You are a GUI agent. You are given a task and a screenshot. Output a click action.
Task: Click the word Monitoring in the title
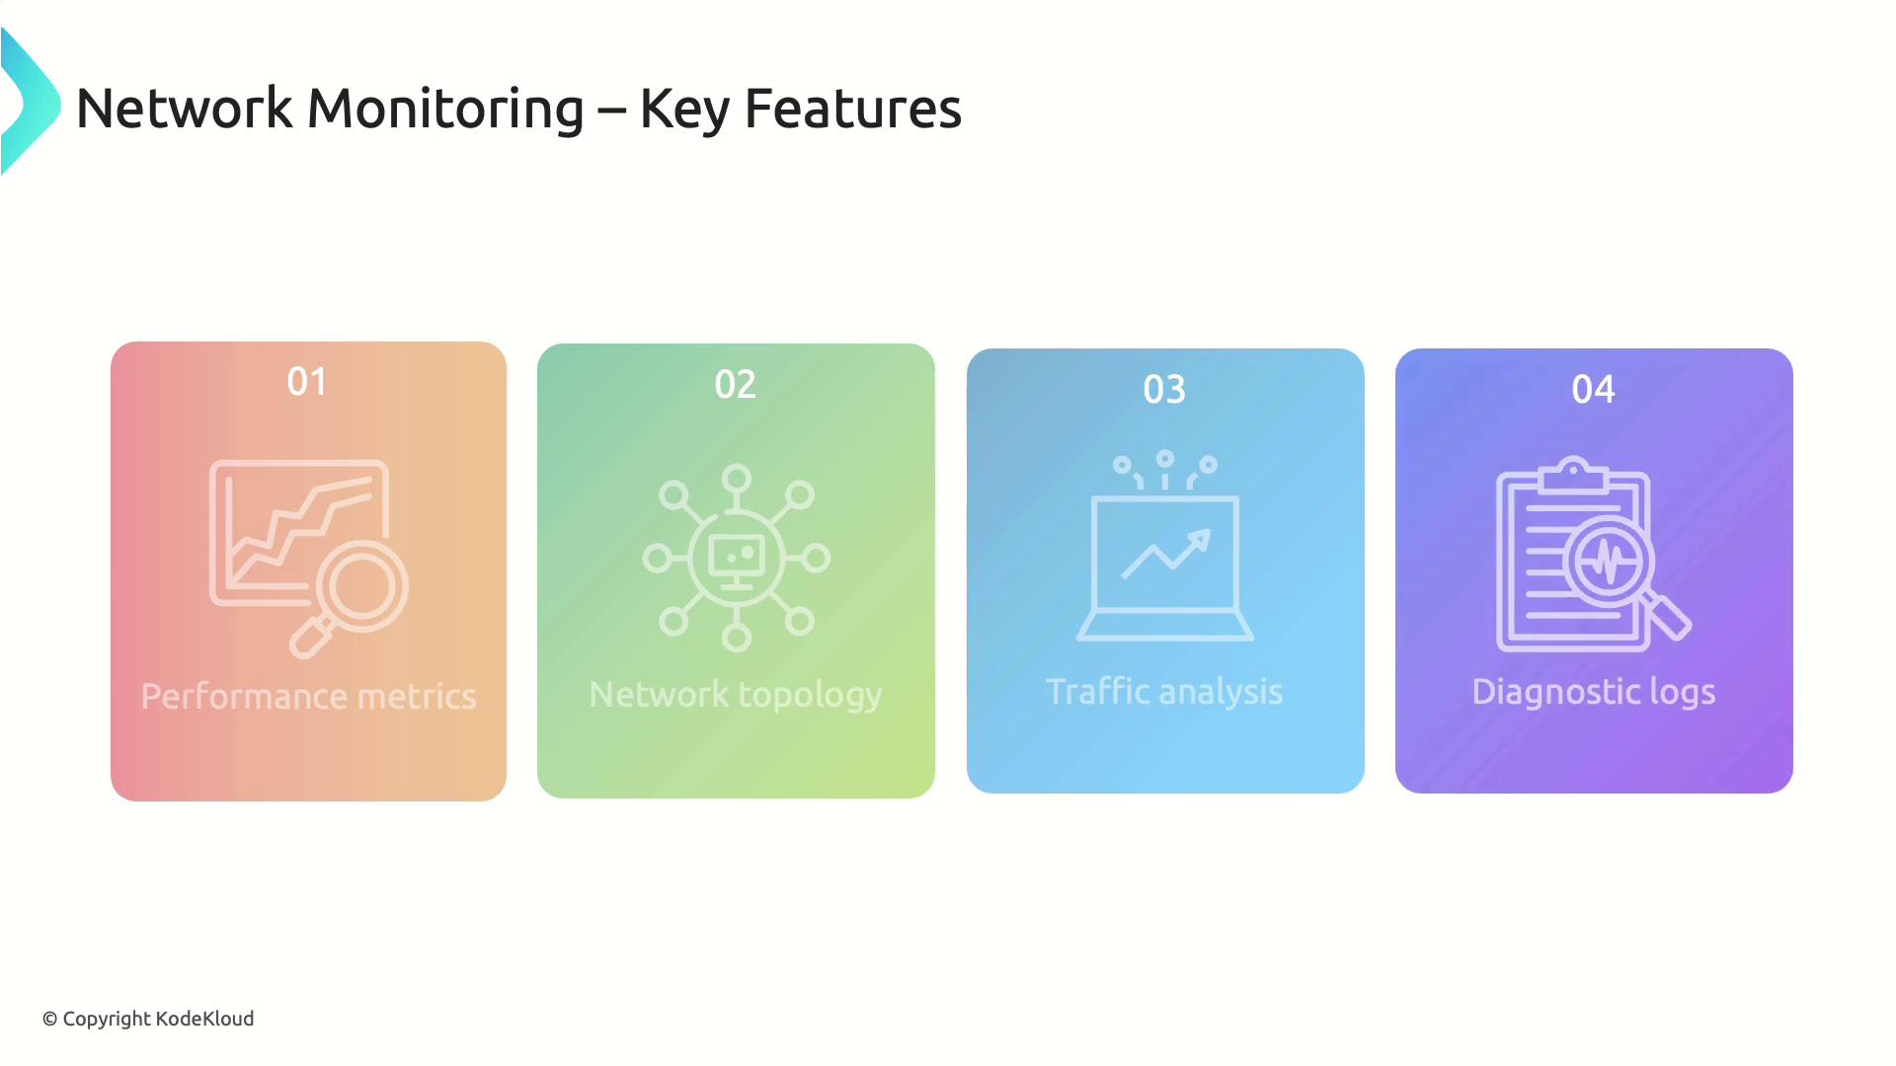pyautogui.click(x=445, y=109)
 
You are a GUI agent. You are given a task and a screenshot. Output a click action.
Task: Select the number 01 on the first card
pyautogui.click(x=307, y=382)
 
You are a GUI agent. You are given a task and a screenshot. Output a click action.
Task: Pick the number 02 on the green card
pyautogui.click(x=736, y=385)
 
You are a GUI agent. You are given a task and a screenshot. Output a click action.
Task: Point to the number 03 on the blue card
pyautogui.click(x=1164, y=390)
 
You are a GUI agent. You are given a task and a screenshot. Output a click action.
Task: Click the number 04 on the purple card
pyautogui.click(x=1593, y=390)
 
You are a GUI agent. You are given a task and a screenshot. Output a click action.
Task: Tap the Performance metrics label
pyautogui.click(x=308, y=697)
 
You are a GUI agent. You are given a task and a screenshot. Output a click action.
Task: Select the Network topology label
pyautogui.click(x=736, y=695)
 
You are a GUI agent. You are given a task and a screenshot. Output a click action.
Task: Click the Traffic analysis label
pyautogui.click(x=1164, y=692)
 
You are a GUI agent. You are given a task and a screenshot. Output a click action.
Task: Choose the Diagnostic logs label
pyautogui.click(x=1593, y=692)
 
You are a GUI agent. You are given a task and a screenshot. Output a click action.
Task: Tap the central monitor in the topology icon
pyautogui.click(x=737, y=559)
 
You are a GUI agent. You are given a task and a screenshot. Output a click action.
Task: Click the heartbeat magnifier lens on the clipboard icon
pyautogui.click(x=1609, y=562)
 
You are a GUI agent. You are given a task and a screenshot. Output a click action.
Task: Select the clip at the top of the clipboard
pyautogui.click(x=1573, y=475)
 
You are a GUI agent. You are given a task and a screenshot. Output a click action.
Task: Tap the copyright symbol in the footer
pyautogui.click(x=50, y=1020)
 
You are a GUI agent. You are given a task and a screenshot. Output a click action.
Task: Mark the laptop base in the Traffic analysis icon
pyautogui.click(x=1165, y=626)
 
